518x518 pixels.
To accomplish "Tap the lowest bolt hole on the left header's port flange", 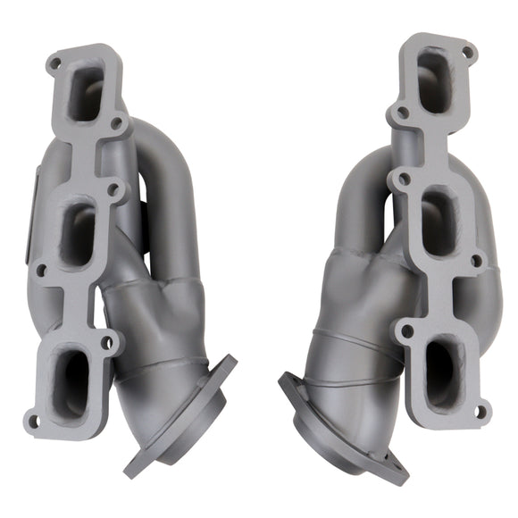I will click(x=33, y=421).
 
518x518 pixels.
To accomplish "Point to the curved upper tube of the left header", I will click(x=170, y=170).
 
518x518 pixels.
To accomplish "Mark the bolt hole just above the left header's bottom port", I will click(x=107, y=342).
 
